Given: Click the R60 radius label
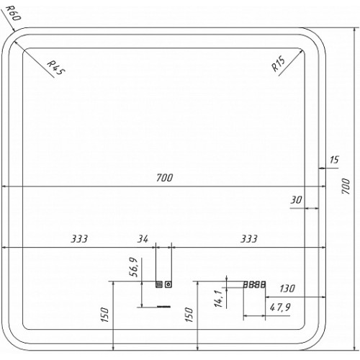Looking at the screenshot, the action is pos(14,13).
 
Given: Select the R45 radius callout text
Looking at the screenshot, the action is pos(55,68).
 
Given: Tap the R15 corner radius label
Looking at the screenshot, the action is pos(279,63).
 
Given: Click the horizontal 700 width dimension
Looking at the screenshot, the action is pos(165,178).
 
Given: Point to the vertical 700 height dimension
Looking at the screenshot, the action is pos(346,186).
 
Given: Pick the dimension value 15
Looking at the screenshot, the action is pos(334,160).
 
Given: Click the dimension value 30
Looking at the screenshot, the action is pos(296,200).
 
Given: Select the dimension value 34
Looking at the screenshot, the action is pos(143,239).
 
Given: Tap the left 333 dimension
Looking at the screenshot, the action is pos(79,239).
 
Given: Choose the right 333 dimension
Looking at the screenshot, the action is pos(249,239).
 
